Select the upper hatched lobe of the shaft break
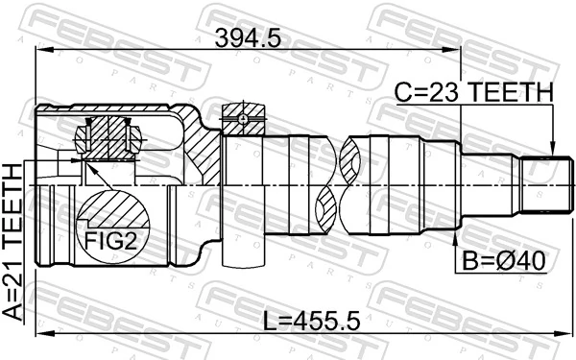point(351,154)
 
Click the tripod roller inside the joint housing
point(108,134)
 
